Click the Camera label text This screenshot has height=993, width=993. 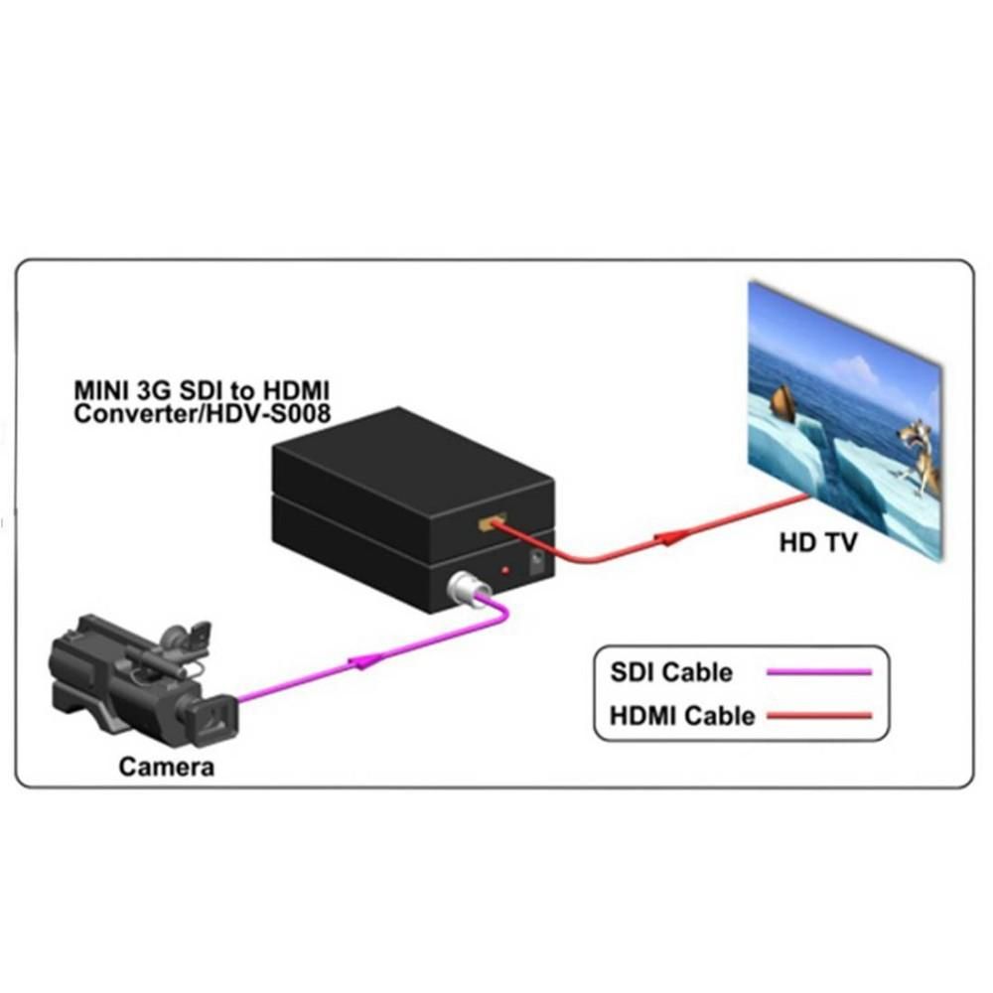(x=167, y=767)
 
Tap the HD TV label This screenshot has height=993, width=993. (x=817, y=543)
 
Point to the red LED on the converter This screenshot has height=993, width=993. (x=504, y=571)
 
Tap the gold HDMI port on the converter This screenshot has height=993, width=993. (x=491, y=522)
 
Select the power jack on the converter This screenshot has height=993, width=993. (x=536, y=562)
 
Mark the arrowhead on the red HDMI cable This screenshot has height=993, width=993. (x=670, y=538)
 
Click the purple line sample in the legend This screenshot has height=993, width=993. (x=819, y=672)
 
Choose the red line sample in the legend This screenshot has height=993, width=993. (x=819, y=716)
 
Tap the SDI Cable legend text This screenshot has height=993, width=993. (x=671, y=672)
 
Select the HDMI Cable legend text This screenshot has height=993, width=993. (x=682, y=716)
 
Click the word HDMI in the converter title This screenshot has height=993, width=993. (x=296, y=390)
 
